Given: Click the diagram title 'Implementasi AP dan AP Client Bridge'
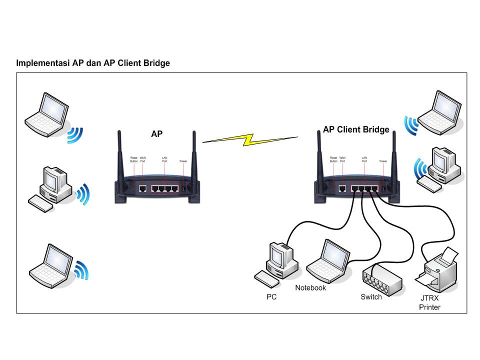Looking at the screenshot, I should click(x=93, y=63).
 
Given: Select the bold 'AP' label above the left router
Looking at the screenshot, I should click(x=156, y=134).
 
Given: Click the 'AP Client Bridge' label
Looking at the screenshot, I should click(x=355, y=129).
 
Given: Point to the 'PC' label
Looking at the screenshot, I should click(x=271, y=297).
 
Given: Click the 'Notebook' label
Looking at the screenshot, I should click(x=310, y=288).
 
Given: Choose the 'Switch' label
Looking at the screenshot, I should click(x=371, y=297).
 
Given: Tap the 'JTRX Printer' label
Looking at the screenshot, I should click(x=429, y=302).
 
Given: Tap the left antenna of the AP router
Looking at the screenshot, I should click(x=120, y=155).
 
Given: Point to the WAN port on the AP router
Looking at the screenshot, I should click(x=142, y=189).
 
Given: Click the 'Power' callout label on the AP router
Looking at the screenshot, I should click(x=183, y=161).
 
